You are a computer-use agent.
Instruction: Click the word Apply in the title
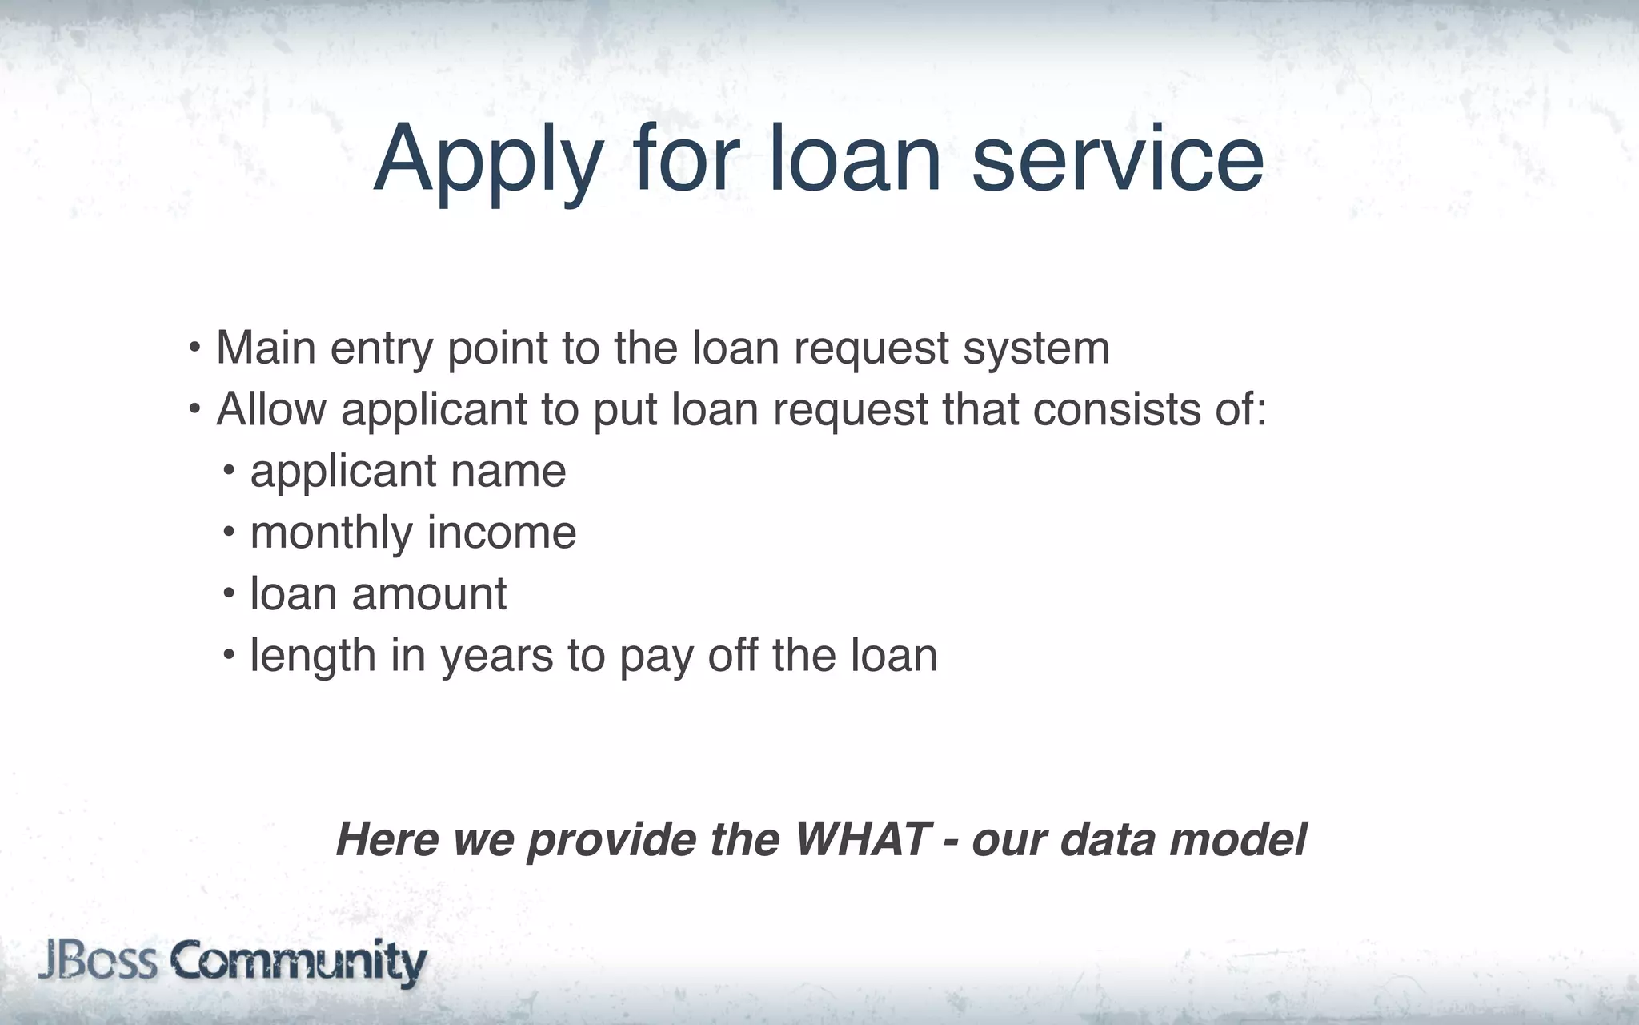point(487,160)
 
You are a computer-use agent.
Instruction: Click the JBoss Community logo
point(232,961)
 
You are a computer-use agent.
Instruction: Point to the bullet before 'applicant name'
point(230,469)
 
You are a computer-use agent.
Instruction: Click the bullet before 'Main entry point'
point(194,348)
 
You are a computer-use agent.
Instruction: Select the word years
point(496,657)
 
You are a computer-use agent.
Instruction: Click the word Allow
point(271,409)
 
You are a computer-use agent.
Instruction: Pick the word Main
point(266,348)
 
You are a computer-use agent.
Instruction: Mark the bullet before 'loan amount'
point(230,593)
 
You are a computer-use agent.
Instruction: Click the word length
point(313,657)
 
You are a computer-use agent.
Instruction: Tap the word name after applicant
point(508,471)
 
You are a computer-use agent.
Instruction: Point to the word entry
point(381,349)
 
